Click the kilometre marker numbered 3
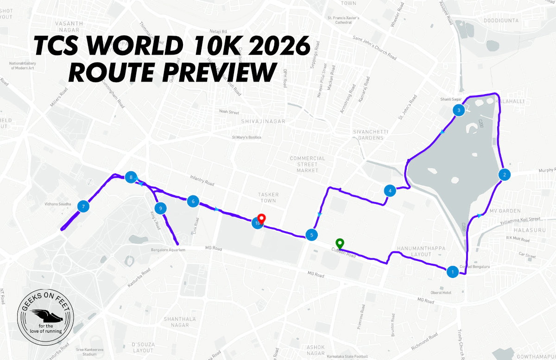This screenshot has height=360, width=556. tap(459, 110)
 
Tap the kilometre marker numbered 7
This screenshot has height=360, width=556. tap(83, 206)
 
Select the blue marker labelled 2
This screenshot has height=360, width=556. tap(504, 175)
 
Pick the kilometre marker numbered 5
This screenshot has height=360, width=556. tap(312, 235)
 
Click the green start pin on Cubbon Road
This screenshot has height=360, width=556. tap(340, 244)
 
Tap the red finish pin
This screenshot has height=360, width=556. tap(261, 219)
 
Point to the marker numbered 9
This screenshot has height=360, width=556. tap(160, 208)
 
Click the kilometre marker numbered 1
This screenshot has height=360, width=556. tap(452, 272)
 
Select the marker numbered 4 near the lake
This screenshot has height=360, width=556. tap(390, 190)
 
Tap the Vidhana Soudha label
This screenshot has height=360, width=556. tap(58, 204)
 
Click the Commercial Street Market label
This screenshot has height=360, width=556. tap(307, 164)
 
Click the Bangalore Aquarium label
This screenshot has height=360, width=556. tap(168, 250)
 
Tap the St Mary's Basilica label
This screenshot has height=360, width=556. tap(246, 138)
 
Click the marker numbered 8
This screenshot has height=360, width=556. tap(132, 177)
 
